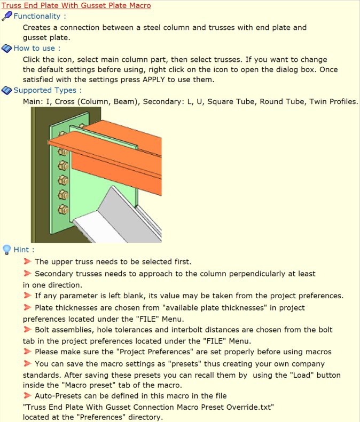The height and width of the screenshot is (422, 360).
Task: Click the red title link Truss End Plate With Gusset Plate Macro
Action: pyautogui.click(x=76, y=5)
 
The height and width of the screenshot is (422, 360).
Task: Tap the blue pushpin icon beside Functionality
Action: pyautogui.click(x=7, y=16)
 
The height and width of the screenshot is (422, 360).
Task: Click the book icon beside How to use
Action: pyautogui.click(x=7, y=49)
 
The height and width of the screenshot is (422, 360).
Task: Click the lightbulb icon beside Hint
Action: pyautogui.click(x=6, y=250)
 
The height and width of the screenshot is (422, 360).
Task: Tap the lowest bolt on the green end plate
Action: pyautogui.click(x=63, y=209)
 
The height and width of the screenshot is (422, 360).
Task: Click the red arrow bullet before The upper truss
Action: pyautogui.click(x=27, y=261)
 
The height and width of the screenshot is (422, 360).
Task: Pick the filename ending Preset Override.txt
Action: pyautogui.click(x=148, y=407)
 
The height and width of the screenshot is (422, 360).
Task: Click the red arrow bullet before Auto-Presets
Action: pyautogui.click(x=27, y=396)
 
